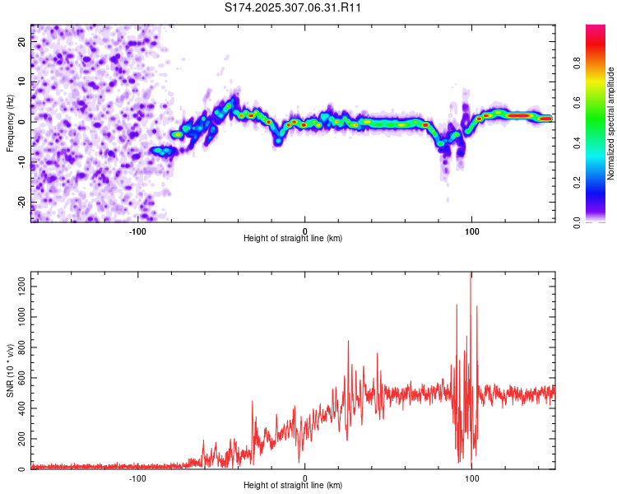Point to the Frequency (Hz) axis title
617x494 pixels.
(10, 123)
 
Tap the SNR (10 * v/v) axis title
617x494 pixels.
(10, 370)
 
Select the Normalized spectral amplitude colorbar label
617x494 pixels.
(611, 123)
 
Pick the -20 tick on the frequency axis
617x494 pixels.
(22, 202)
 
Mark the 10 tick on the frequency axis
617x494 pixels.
(22, 82)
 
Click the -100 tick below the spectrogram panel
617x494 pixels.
(137, 231)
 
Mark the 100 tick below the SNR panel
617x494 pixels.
(472, 478)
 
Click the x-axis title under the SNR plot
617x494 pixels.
(294, 486)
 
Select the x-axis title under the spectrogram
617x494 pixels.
(294, 238)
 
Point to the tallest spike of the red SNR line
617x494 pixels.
(471, 275)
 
